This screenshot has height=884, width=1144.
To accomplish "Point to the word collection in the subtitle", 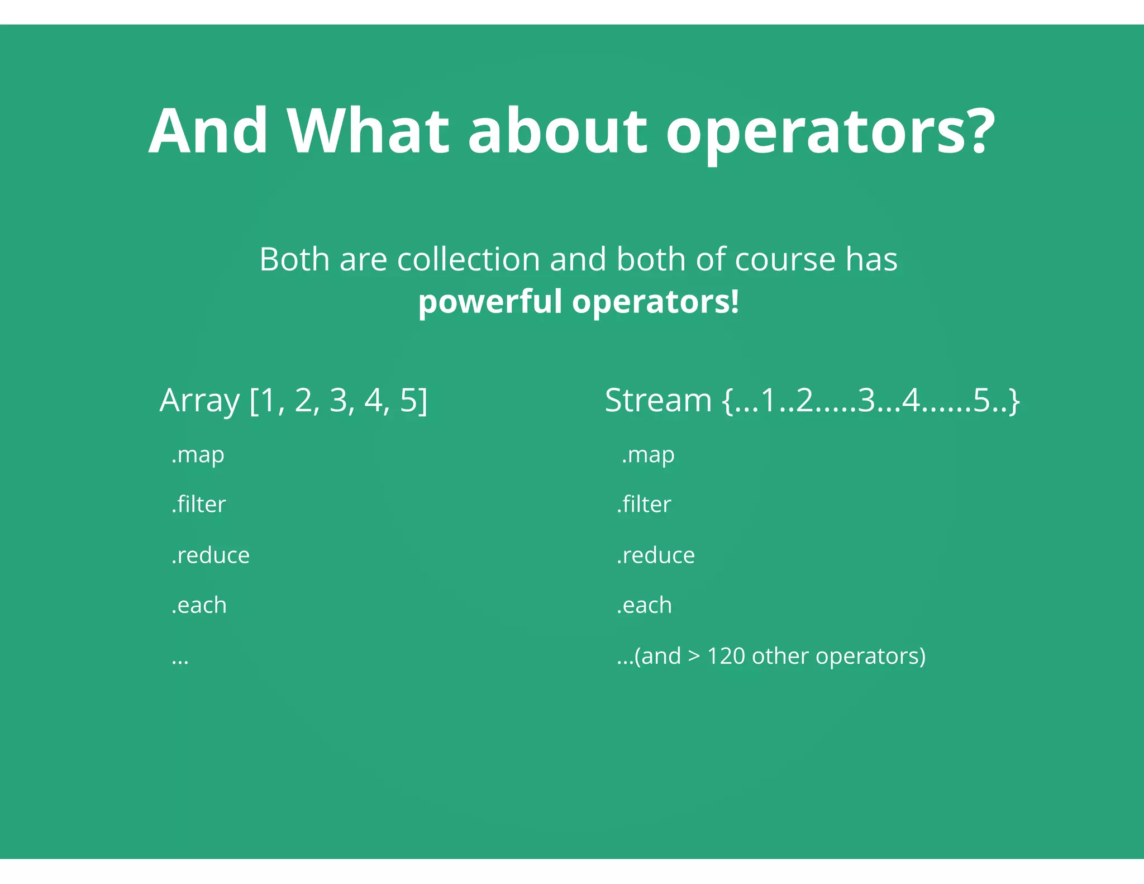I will click(468, 260).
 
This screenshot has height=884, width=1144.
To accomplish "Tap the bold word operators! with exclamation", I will click(655, 302).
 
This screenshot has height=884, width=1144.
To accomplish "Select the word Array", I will click(199, 401).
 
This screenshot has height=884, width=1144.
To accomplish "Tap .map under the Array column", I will click(198, 455).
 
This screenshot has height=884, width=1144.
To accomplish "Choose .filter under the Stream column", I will click(643, 505).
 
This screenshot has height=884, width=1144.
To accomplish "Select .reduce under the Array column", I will click(211, 555).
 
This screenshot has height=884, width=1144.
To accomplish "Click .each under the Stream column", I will click(644, 605).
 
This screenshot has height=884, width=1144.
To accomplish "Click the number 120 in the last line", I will click(726, 656).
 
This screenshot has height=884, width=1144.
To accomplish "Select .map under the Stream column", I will click(648, 455).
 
